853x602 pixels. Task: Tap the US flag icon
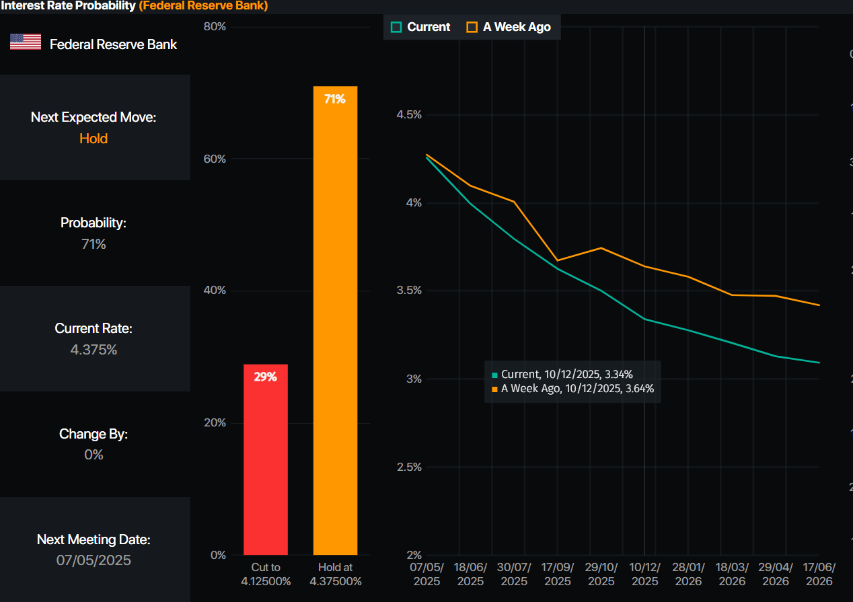click(x=26, y=42)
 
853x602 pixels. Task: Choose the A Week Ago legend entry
click(x=509, y=27)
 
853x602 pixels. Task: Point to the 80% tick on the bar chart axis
click(x=215, y=27)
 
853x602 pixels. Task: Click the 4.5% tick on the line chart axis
click(x=409, y=115)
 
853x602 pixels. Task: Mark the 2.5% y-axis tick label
click(x=409, y=467)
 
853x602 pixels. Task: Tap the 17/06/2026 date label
click(x=819, y=574)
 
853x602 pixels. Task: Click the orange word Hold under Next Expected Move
click(x=94, y=139)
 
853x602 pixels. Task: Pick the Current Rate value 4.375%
click(x=94, y=350)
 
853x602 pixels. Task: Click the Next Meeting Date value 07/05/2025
click(x=94, y=560)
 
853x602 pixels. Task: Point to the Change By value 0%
click(x=94, y=455)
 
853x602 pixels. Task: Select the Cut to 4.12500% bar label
click(x=266, y=574)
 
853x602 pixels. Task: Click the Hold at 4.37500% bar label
click(x=335, y=574)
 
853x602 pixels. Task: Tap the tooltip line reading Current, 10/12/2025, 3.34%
click(x=566, y=375)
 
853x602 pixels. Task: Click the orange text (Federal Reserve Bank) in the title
click(x=203, y=6)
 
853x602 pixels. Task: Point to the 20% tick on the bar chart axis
click(x=215, y=423)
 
